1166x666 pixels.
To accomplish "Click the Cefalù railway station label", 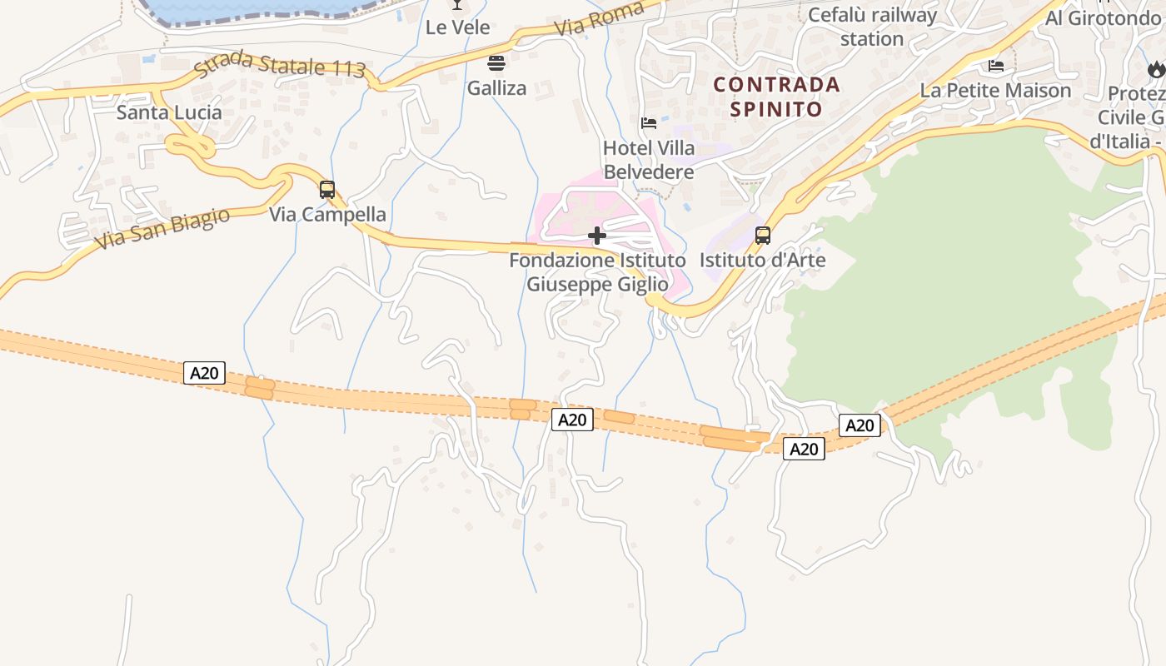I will coord(872,27).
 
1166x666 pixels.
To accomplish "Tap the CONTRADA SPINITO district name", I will coord(776,97).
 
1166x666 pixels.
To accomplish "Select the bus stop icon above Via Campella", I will coord(327,190).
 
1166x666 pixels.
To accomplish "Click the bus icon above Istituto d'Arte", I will coord(762,236).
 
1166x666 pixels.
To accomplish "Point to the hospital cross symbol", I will coord(597,236).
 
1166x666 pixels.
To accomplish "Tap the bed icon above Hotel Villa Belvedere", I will coord(649,123).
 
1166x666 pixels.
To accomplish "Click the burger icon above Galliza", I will coord(496,63).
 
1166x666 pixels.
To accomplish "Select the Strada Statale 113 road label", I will coord(280,66).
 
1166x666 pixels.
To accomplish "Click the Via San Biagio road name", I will coord(162,229).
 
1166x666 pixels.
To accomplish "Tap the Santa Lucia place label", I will coord(169,112).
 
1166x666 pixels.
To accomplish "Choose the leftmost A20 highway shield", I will coord(204,373).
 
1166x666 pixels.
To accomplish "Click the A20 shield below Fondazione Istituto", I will coord(572,420).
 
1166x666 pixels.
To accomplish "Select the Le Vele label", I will coord(457,27).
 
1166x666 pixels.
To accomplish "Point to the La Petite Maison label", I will coord(995,90).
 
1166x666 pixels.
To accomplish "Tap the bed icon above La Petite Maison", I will coord(995,65).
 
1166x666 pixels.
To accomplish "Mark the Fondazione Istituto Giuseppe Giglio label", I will coord(597,272).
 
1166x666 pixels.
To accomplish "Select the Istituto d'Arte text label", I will coord(762,260).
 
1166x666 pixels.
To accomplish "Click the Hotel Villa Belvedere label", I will coord(649,160).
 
